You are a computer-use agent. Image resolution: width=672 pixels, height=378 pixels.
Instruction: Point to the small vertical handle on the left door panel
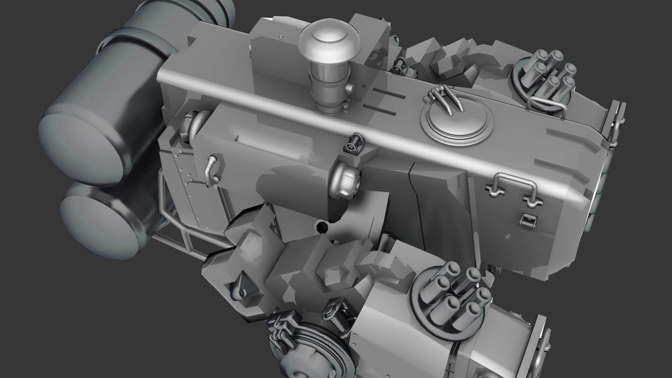click(x=211, y=170)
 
